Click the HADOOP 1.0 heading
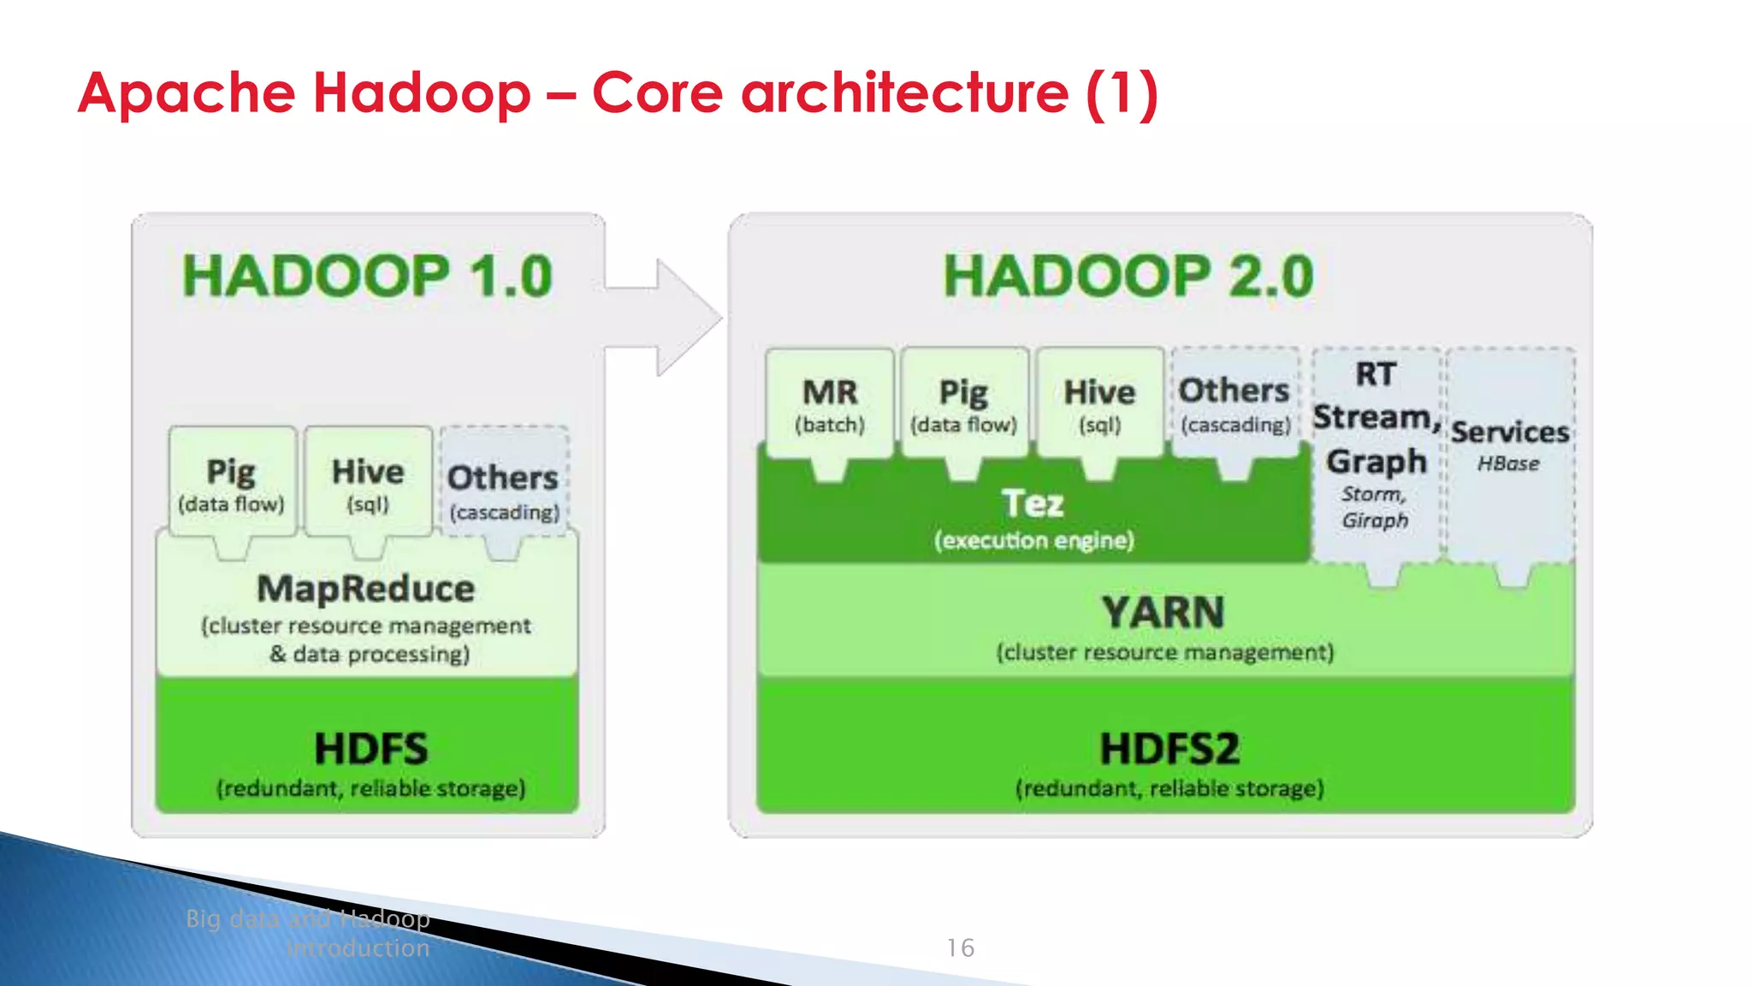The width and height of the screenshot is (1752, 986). [368, 276]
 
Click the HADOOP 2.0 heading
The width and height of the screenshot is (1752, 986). [1128, 276]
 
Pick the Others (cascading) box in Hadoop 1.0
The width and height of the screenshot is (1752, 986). [504, 488]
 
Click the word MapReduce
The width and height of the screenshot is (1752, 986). [366, 589]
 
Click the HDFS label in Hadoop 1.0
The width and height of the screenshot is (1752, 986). [370, 749]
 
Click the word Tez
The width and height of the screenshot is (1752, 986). [1033, 503]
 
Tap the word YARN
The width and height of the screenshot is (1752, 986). [1163, 613]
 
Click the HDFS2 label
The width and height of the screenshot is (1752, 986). [1169, 749]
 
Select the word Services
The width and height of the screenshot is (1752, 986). [1510, 432]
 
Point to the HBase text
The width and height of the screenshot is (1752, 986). [1508, 464]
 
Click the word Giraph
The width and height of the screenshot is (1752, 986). [1375, 520]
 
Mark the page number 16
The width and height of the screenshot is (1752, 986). [960, 947]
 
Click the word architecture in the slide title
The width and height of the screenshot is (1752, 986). [904, 92]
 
